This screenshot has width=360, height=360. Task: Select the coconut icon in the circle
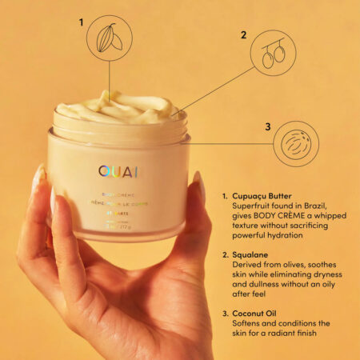[293, 143]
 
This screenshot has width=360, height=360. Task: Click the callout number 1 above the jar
[80, 22]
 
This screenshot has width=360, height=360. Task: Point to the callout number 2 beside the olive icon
[244, 36]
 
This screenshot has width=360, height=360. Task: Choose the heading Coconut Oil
[252, 314]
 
